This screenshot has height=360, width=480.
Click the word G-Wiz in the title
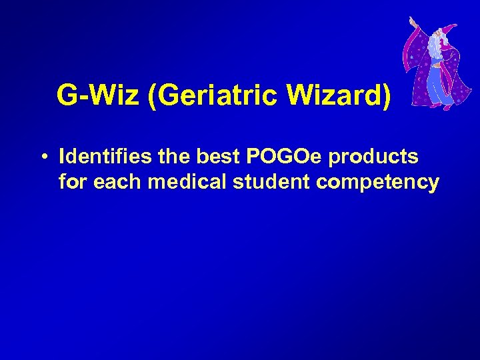point(98,96)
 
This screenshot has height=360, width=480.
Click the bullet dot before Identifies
point(42,157)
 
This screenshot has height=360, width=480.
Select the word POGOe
point(285,157)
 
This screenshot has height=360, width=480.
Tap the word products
point(374,158)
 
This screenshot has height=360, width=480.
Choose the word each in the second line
point(118,181)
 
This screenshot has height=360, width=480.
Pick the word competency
point(378,183)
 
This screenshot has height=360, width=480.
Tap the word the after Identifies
point(175,157)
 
